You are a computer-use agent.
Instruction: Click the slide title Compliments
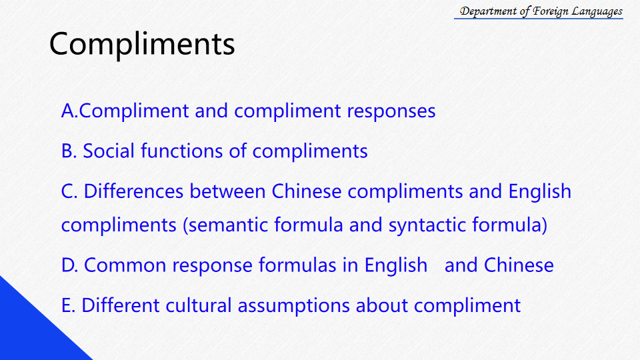142,44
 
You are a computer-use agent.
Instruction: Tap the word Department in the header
488,11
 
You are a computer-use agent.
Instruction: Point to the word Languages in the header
597,11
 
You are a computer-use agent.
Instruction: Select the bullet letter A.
69,111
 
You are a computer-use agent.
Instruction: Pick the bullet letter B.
69,151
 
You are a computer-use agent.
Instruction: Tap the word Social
109,151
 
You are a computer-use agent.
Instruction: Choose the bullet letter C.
69,191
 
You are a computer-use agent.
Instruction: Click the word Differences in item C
133,191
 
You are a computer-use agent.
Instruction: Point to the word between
227,191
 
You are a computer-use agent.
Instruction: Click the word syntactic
427,225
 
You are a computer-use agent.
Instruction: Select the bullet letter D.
69,265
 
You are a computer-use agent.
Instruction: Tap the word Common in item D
125,265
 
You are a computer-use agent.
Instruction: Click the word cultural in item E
199,305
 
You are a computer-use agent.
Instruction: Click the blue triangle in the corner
31,331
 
